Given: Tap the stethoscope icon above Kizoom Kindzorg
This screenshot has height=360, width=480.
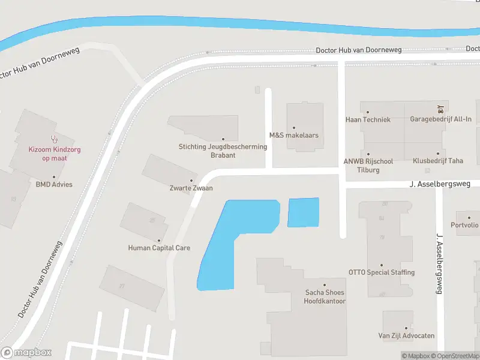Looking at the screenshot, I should [x=53, y=139].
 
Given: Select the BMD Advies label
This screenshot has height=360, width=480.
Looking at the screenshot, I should [x=53, y=184].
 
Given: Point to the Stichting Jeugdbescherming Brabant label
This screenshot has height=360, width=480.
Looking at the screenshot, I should [x=223, y=151].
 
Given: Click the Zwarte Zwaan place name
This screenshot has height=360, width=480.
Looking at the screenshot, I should [x=191, y=188].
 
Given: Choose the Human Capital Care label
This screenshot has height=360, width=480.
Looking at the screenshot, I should [x=159, y=248].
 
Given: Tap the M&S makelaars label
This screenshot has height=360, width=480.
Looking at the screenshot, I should [x=293, y=135].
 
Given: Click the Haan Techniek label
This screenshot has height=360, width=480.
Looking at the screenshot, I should [x=368, y=119].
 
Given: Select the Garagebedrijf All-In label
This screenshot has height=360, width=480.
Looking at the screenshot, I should [x=440, y=119].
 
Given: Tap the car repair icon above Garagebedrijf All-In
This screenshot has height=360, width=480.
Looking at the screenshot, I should [x=441, y=109].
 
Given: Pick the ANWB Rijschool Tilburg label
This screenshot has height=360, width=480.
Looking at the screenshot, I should [x=368, y=165].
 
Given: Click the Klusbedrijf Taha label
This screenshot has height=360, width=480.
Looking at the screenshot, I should [x=437, y=161].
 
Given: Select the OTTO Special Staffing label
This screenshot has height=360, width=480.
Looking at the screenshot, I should [x=382, y=272].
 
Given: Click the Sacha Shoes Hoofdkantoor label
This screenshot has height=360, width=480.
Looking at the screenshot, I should [x=325, y=297].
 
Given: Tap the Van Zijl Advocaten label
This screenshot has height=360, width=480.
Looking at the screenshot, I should [x=406, y=335].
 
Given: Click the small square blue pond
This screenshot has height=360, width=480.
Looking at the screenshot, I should [x=303, y=212].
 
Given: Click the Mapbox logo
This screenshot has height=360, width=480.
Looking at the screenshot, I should [x=26, y=353].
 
